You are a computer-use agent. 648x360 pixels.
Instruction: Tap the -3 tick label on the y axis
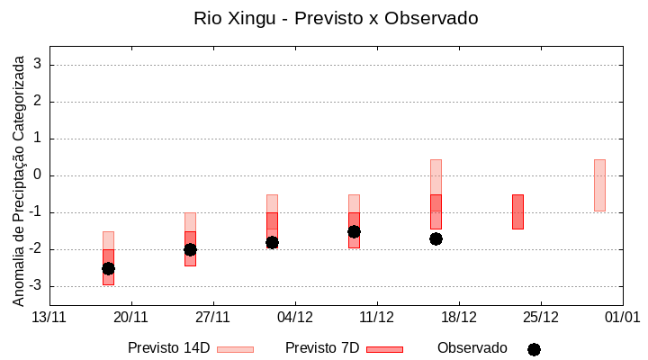click(37, 286)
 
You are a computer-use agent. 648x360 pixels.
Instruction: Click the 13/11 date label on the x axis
click(49, 317)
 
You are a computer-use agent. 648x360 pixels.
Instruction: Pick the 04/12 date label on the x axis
click(295, 317)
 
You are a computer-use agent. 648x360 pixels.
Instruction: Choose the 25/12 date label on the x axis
click(541, 317)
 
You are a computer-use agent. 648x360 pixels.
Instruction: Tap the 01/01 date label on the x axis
click(622, 317)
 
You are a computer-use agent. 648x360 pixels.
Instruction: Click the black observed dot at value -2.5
click(108, 268)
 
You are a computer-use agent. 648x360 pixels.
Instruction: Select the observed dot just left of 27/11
click(190, 249)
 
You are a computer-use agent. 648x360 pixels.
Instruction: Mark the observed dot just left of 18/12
click(436, 238)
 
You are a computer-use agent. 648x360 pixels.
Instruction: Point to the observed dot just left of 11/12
click(354, 231)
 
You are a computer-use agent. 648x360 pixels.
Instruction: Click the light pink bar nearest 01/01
click(599, 185)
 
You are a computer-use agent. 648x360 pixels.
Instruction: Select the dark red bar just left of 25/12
click(517, 211)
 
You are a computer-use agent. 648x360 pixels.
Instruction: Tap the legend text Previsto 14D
click(169, 348)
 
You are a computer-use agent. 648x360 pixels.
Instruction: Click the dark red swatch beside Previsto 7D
click(384, 349)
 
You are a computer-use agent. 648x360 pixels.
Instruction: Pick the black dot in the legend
click(534, 349)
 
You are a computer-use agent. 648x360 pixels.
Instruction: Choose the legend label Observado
click(472, 348)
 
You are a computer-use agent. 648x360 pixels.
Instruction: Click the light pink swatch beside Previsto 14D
click(235, 349)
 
